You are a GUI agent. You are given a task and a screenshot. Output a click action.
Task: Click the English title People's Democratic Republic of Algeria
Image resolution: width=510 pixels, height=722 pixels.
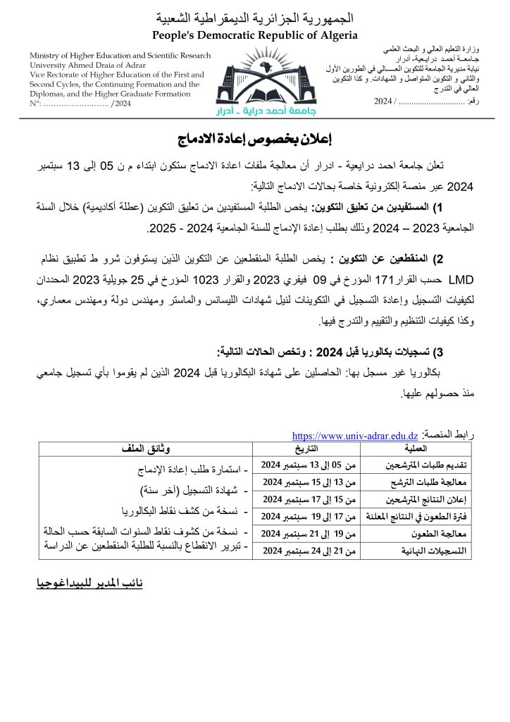coord(254,35)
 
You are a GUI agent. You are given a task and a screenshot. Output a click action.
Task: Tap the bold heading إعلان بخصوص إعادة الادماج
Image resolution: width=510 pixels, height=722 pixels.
coord(254,137)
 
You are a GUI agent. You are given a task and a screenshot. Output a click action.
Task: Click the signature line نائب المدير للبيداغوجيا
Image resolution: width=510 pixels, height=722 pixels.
coord(89,585)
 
